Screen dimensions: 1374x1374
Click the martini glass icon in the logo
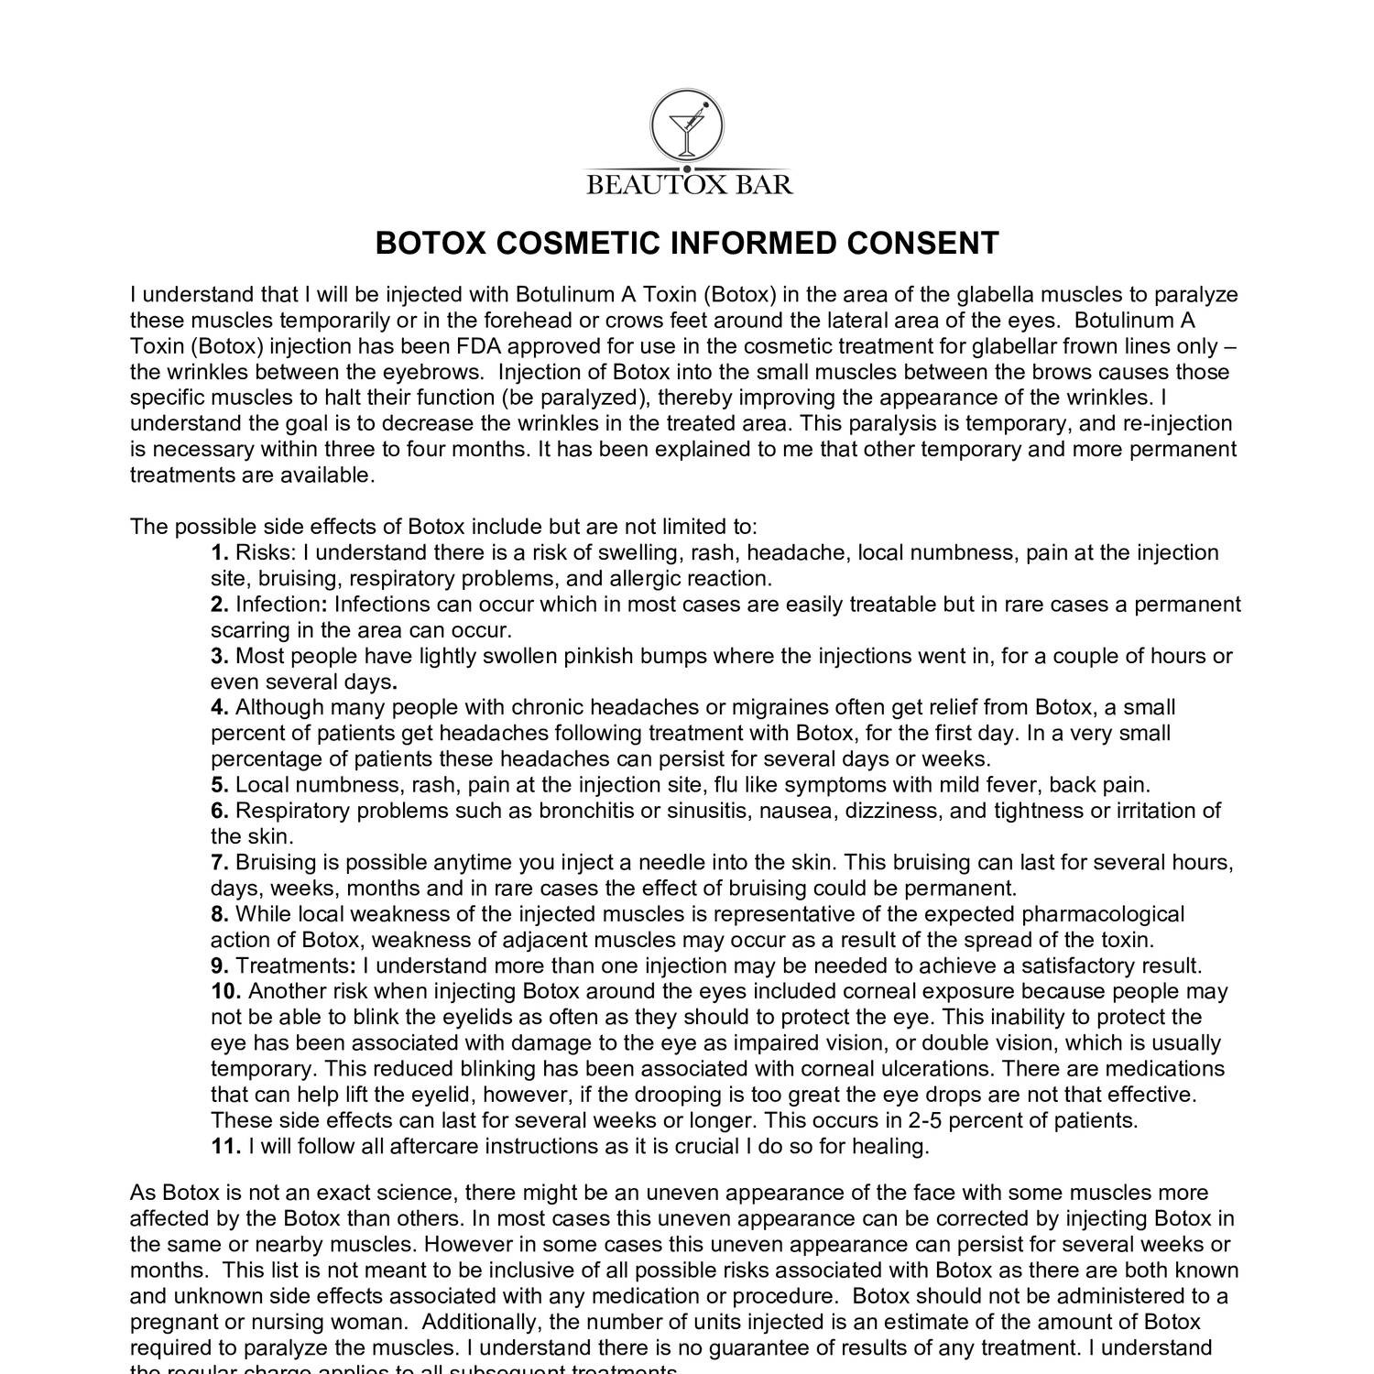point(686,129)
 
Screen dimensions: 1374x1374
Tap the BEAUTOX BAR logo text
point(689,185)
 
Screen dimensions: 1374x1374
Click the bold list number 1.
point(219,553)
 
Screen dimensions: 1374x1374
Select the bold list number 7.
point(219,863)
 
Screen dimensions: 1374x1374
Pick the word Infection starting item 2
point(278,605)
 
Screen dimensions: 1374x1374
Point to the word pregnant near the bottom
point(172,1323)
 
